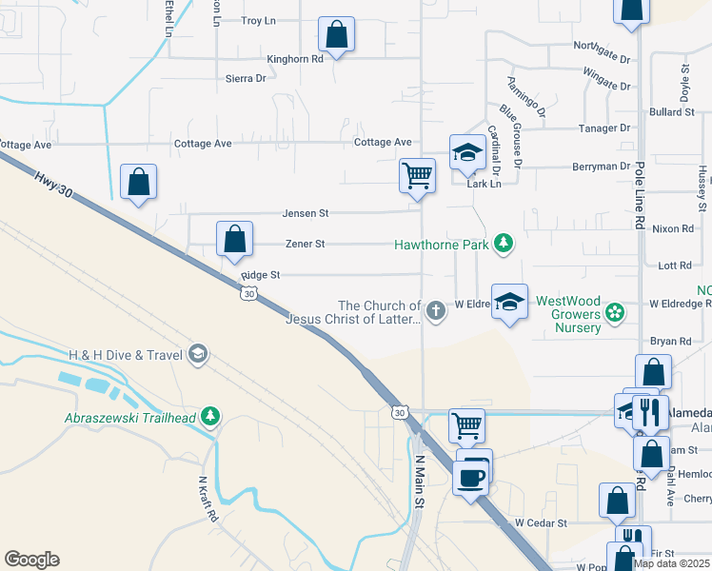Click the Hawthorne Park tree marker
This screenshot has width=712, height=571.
504,245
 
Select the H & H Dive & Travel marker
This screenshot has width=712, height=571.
198,355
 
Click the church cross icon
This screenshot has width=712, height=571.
436,311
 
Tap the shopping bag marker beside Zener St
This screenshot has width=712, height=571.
234,240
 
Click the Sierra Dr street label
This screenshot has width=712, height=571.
246,78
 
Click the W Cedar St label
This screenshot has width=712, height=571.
540,522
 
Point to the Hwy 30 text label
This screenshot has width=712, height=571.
53,186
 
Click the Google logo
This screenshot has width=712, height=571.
31,560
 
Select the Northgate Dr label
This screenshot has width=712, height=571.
602,46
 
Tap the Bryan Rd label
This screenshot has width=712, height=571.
670,341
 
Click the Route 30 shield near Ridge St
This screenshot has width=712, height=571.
247,295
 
